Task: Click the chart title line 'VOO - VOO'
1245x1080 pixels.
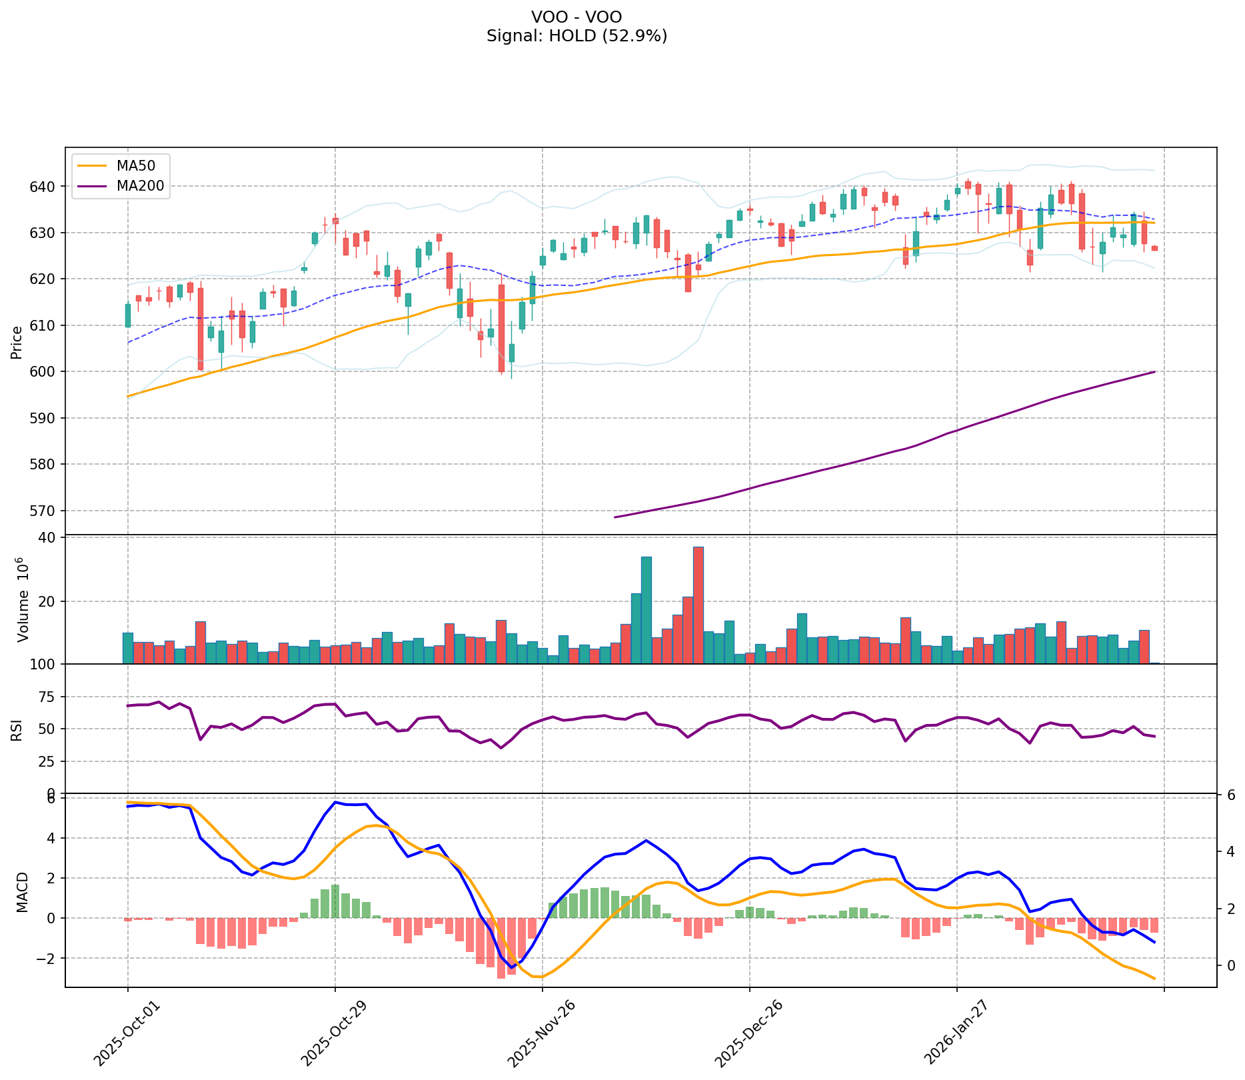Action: tap(577, 17)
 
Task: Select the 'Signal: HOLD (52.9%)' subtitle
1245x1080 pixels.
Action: tap(577, 36)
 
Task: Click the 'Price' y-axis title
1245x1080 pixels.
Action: tap(17, 341)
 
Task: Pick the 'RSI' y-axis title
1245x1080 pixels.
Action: tap(17, 729)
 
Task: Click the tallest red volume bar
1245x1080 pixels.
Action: tap(698, 605)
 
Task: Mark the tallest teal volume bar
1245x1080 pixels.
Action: tap(646, 610)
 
